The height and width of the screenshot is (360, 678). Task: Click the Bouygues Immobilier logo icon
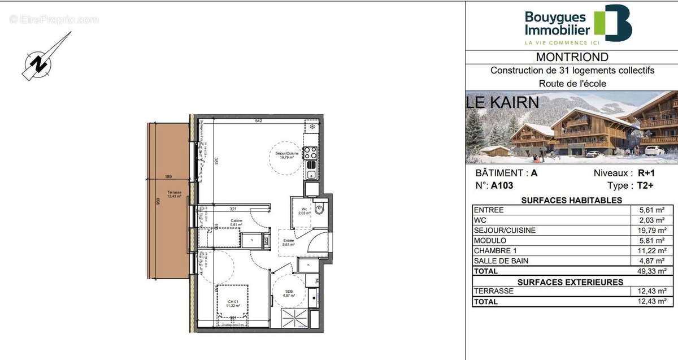(612, 23)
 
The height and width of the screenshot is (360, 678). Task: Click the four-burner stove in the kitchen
(310, 152)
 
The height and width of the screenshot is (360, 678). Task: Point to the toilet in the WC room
(319, 210)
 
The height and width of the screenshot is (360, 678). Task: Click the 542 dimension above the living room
(258, 121)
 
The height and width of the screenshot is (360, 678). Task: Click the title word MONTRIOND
(572, 57)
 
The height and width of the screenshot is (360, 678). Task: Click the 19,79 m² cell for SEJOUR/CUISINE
(653, 231)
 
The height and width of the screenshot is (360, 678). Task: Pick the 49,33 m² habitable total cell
(653, 271)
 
